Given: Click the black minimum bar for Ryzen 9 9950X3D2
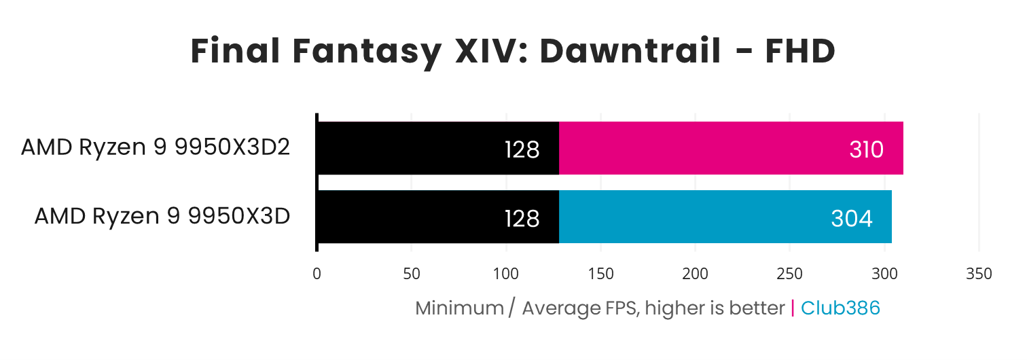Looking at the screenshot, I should [x=408, y=148].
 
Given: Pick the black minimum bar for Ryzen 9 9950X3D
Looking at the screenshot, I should [x=408, y=217].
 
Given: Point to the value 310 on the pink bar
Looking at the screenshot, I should [x=866, y=149].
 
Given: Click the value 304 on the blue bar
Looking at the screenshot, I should [x=852, y=219].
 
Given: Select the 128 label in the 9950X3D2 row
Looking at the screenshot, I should [x=522, y=149].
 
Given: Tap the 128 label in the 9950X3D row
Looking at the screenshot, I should [x=522, y=219].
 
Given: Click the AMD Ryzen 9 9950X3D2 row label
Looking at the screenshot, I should [x=156, y=147].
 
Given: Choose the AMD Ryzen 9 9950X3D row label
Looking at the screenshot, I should [x=162, y=216].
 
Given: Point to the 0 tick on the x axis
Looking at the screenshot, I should [x=317, y=274].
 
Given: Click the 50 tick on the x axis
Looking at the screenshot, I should [x=411, y=274].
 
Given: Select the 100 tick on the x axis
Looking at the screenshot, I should [x=506, y=274].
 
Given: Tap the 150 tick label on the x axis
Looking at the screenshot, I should [x=600, y=274].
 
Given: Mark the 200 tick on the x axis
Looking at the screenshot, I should [x=695, y=274].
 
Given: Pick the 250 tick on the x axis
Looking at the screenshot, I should [x=789, y=274].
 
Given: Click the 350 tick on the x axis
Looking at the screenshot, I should [x=978, y=274].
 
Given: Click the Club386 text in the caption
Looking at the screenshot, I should [x=840, y=308].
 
